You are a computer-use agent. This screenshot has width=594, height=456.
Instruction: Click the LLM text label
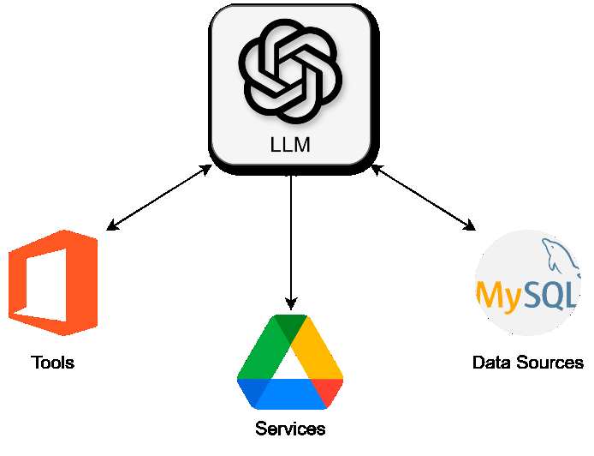pyautogui.click(x=290, y=145)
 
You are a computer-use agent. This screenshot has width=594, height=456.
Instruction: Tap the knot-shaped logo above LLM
pyautogui.click(x=290, y=72)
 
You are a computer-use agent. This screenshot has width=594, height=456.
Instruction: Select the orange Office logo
pyautogui.click(x=53, y=283)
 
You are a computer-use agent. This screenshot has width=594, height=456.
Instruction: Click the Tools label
pyautogui.click(x=52, y=363)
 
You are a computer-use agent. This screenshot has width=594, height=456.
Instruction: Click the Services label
pyautogui.click(x=290, y=429)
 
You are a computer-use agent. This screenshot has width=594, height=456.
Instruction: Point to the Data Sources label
pyautogui.click(x=527, y=363)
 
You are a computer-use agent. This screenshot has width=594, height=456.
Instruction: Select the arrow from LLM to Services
pyautogui.click(x=291, y=240)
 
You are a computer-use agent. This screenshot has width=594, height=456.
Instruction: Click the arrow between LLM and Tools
pyautogui.click(x=159, y=198)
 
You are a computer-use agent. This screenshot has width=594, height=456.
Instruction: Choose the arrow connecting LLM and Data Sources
pyautogui.click(x=424, y=198)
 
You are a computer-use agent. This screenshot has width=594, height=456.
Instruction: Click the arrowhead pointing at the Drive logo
pyautogui.click(x=291, y=303)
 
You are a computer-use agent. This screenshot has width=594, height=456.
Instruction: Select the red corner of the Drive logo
pyautogui.click(x=330, y=393)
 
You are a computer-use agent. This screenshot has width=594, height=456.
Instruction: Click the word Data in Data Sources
pyautogui.click(x=491, y=363)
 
